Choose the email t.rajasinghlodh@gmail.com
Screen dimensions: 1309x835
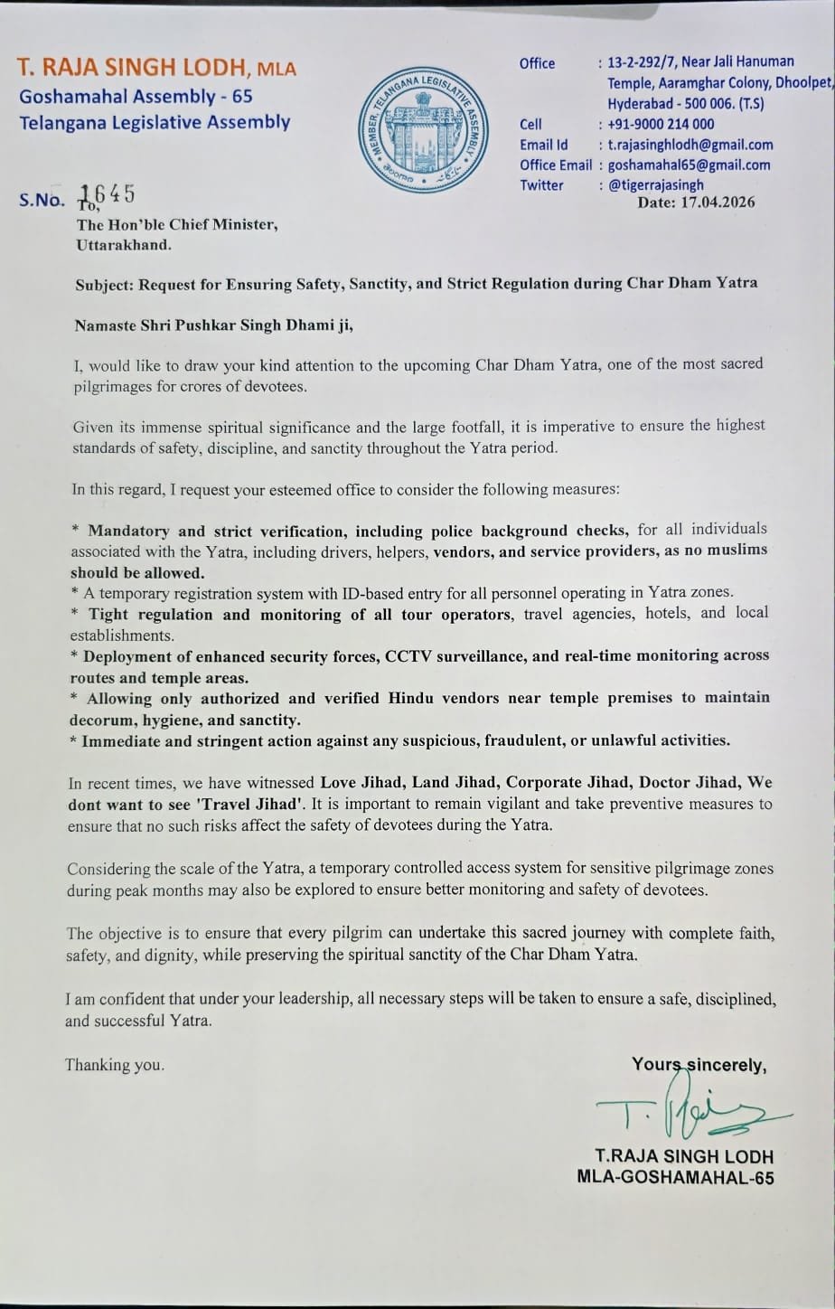click(690, 145)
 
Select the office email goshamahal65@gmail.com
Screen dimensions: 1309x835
click(689, 165)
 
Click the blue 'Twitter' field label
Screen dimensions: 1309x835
click(540, 185)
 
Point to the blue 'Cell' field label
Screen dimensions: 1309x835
click(530, 125)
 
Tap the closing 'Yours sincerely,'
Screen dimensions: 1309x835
click(699, 1065)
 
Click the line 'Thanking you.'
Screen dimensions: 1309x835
click(115, 1065)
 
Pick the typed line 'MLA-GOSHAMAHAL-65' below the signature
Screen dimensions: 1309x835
click(675, 1177)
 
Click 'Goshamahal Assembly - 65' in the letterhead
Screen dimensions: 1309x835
click(136, 96)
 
